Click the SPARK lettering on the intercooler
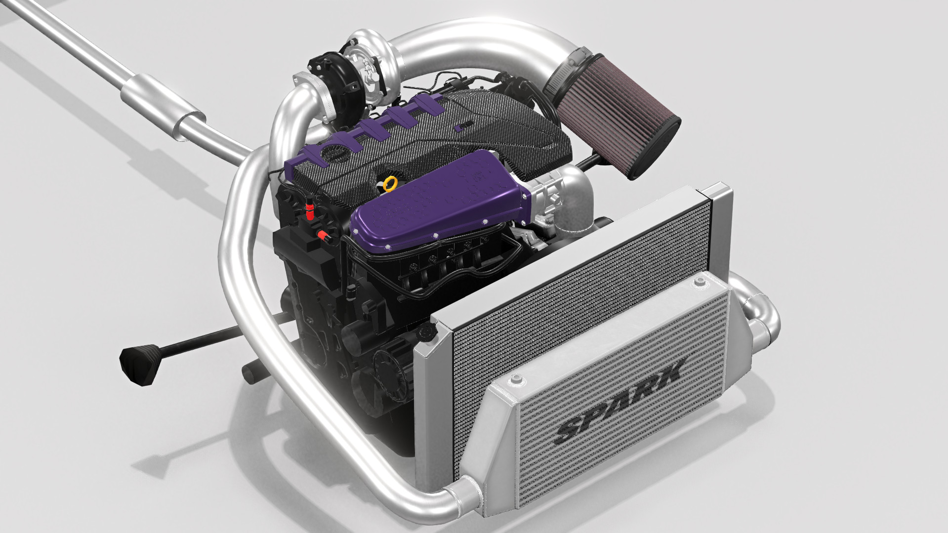[x=620, y=401]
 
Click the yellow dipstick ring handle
[x=390, y=184]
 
